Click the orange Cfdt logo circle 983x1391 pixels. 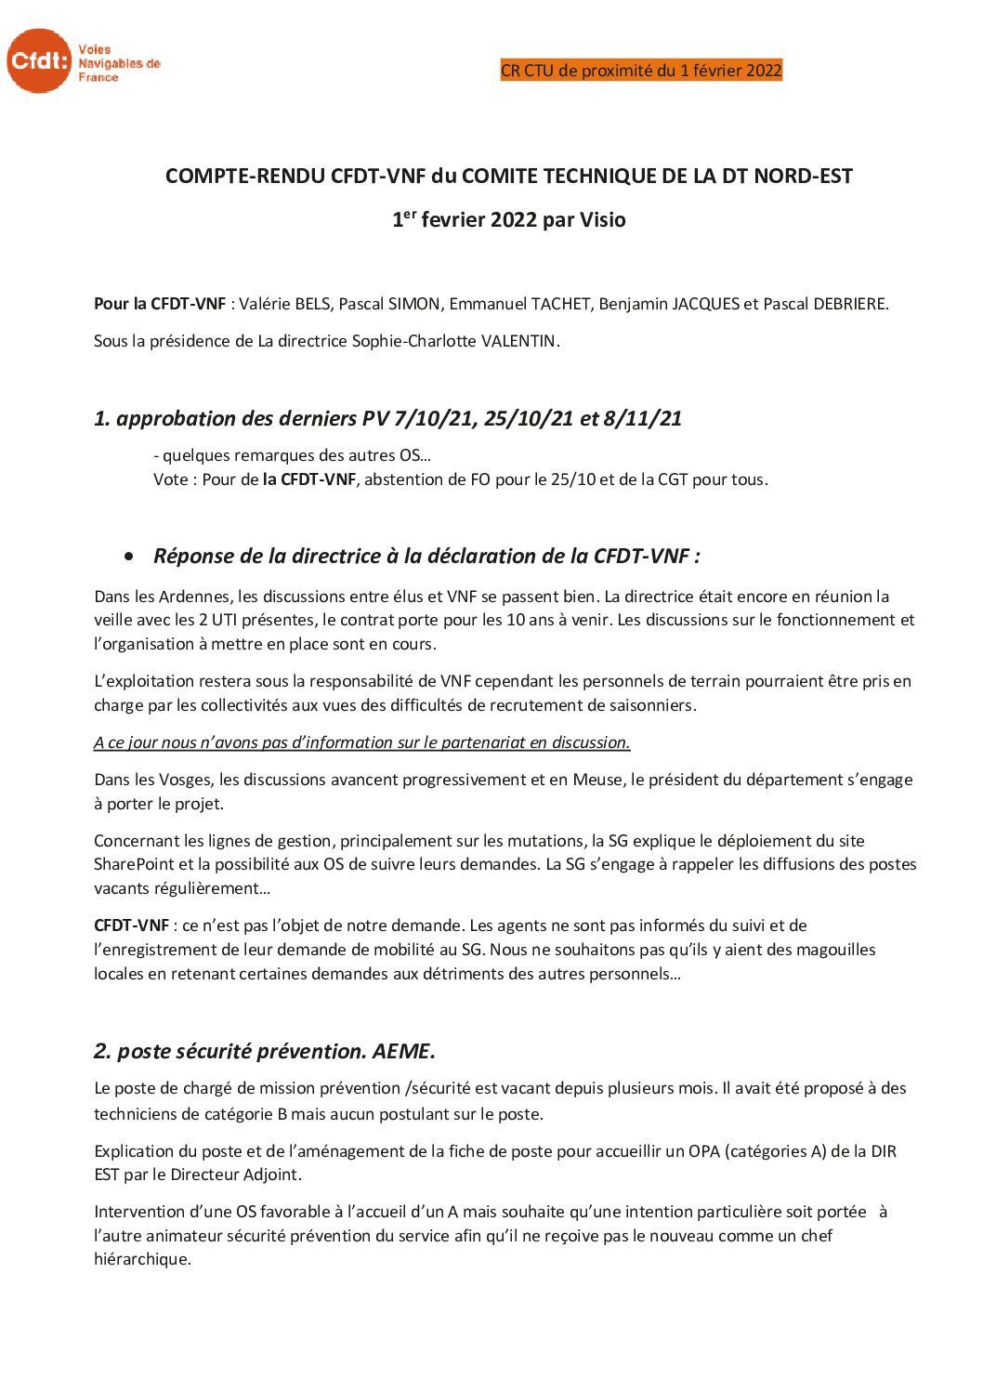[37, 60]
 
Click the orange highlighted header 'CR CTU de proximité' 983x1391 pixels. [641, 71]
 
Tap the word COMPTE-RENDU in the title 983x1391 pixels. [245, 176]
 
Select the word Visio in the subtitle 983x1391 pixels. [603, 220]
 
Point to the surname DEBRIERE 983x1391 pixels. [842, 304]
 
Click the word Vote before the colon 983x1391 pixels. [171, 479]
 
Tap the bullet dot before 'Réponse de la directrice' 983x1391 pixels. [130, 556]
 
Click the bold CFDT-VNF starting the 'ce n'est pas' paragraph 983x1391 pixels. [131, 925]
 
